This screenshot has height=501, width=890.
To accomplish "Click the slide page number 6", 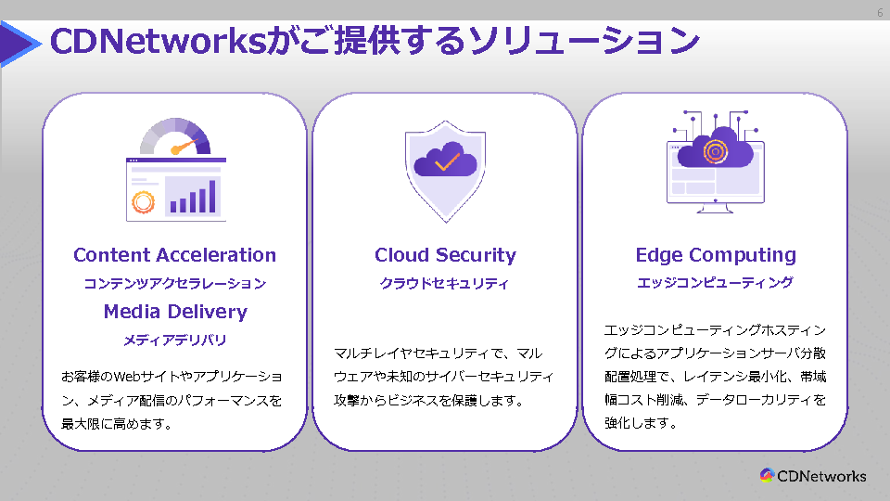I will point(879,13).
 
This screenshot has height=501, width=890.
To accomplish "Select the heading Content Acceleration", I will point(174,255).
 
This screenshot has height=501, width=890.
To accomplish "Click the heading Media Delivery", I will point(175,312).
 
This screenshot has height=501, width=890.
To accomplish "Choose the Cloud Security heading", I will point(445,255).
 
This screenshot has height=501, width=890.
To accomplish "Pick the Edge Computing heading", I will point(716,255).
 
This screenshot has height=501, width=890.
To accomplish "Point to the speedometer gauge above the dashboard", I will point(175,137).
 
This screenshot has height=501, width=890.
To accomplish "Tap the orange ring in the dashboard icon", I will point(144,201).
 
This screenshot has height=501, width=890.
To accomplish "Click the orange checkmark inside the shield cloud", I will point(446,162).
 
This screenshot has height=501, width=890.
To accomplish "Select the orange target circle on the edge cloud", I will point(715,150).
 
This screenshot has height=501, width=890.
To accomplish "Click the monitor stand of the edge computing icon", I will point(715,208).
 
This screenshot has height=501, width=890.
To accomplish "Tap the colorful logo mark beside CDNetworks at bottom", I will point(767,476).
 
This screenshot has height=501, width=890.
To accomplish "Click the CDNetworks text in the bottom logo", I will point(821,476).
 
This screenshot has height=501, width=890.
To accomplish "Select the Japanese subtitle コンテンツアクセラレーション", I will point(174,284).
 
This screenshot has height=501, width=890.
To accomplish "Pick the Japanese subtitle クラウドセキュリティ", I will point(445,284).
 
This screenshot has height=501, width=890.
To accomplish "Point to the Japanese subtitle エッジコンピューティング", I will point(715,283).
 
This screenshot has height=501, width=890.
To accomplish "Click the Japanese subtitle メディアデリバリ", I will point(175,340).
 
